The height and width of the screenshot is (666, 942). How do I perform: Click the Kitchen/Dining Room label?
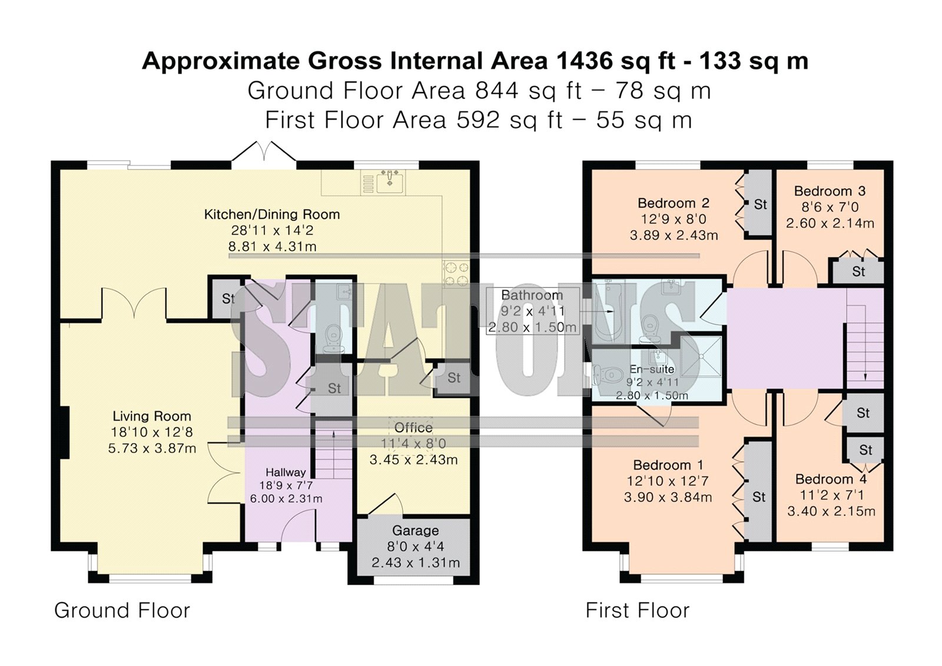coord(271,214)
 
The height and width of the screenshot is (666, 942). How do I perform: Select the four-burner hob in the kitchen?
coord(456,273)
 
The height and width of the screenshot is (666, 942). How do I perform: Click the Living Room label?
coord(152,416)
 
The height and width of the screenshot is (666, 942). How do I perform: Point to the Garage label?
coord(416,531)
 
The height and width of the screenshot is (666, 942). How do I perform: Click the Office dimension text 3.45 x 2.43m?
coord(413,459)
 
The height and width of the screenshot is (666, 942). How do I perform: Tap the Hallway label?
coord(286,472)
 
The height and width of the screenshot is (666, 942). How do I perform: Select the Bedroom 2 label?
coord(674,203)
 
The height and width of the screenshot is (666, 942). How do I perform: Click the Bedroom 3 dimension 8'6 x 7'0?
coord(830,207)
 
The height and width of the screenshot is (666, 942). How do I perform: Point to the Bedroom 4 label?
coord(831,479)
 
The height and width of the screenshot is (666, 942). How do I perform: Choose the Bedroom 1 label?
coord(668,465)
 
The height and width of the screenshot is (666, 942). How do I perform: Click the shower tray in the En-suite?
coord(701,356)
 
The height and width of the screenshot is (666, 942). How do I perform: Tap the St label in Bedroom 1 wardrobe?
coord(759,497)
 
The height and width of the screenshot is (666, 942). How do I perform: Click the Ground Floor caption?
coord(122,610)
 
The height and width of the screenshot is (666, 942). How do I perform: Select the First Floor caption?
coord(638,610)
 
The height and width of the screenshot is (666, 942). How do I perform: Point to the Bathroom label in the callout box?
coord(532,295)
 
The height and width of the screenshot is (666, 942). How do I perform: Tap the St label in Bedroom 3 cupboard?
coord(858,272)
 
